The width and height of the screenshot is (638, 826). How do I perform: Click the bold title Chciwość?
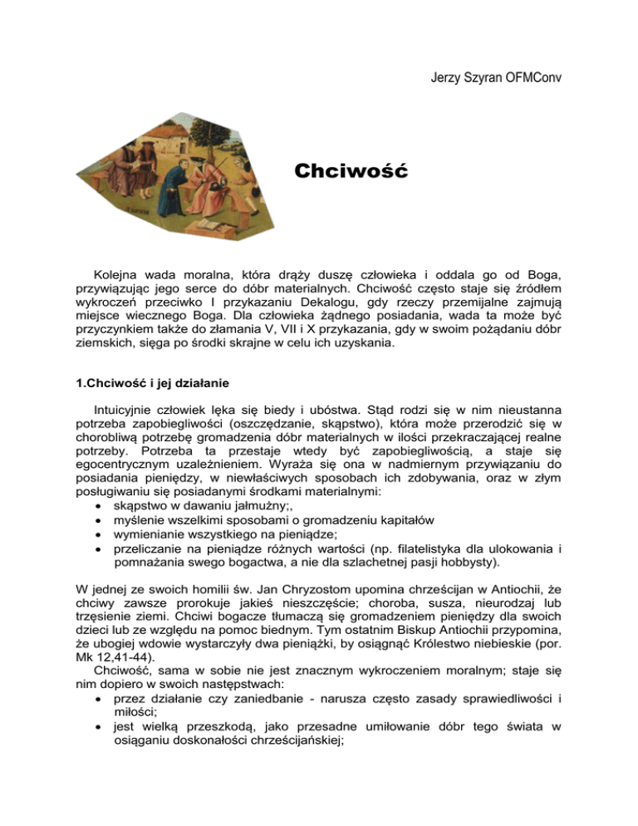point(349,173)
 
